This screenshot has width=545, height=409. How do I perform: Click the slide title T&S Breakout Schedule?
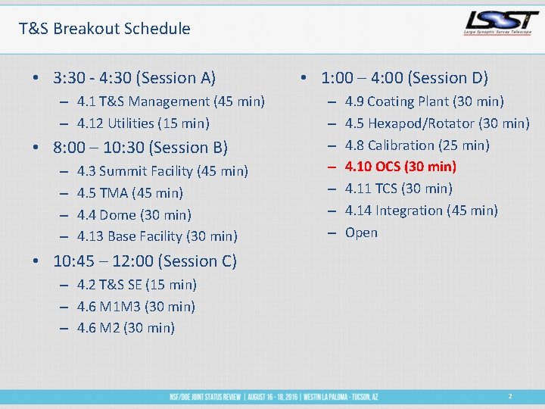coord(104,29)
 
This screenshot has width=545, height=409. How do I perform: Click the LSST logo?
coord(499,23)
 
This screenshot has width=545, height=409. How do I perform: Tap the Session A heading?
coord(135,78)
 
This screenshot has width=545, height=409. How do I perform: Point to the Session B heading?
coord(140,148)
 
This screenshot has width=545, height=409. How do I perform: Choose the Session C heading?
coord(145,261)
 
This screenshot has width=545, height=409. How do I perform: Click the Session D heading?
coord(404,78)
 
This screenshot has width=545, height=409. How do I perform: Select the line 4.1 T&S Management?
coord(170,101)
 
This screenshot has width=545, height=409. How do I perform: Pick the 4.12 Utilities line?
coord(143,123)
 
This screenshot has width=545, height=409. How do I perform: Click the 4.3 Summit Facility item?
coord(162,171)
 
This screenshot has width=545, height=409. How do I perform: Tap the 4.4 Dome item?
coord(134,215)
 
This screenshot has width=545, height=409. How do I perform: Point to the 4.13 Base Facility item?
coord(157,236)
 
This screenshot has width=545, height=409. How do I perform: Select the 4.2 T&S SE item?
coord(136,285)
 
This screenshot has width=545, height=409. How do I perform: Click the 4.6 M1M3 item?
coord(136,307)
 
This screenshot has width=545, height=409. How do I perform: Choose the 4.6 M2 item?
coord(126,328)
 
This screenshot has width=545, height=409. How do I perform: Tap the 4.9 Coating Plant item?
coord(424,101)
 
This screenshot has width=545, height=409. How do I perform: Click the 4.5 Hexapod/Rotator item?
coord(437,123)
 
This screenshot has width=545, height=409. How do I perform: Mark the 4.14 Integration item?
coord(421,211)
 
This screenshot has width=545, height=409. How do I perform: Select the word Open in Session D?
coord(361,233)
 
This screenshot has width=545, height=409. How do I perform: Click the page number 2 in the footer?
coord(510,396)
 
